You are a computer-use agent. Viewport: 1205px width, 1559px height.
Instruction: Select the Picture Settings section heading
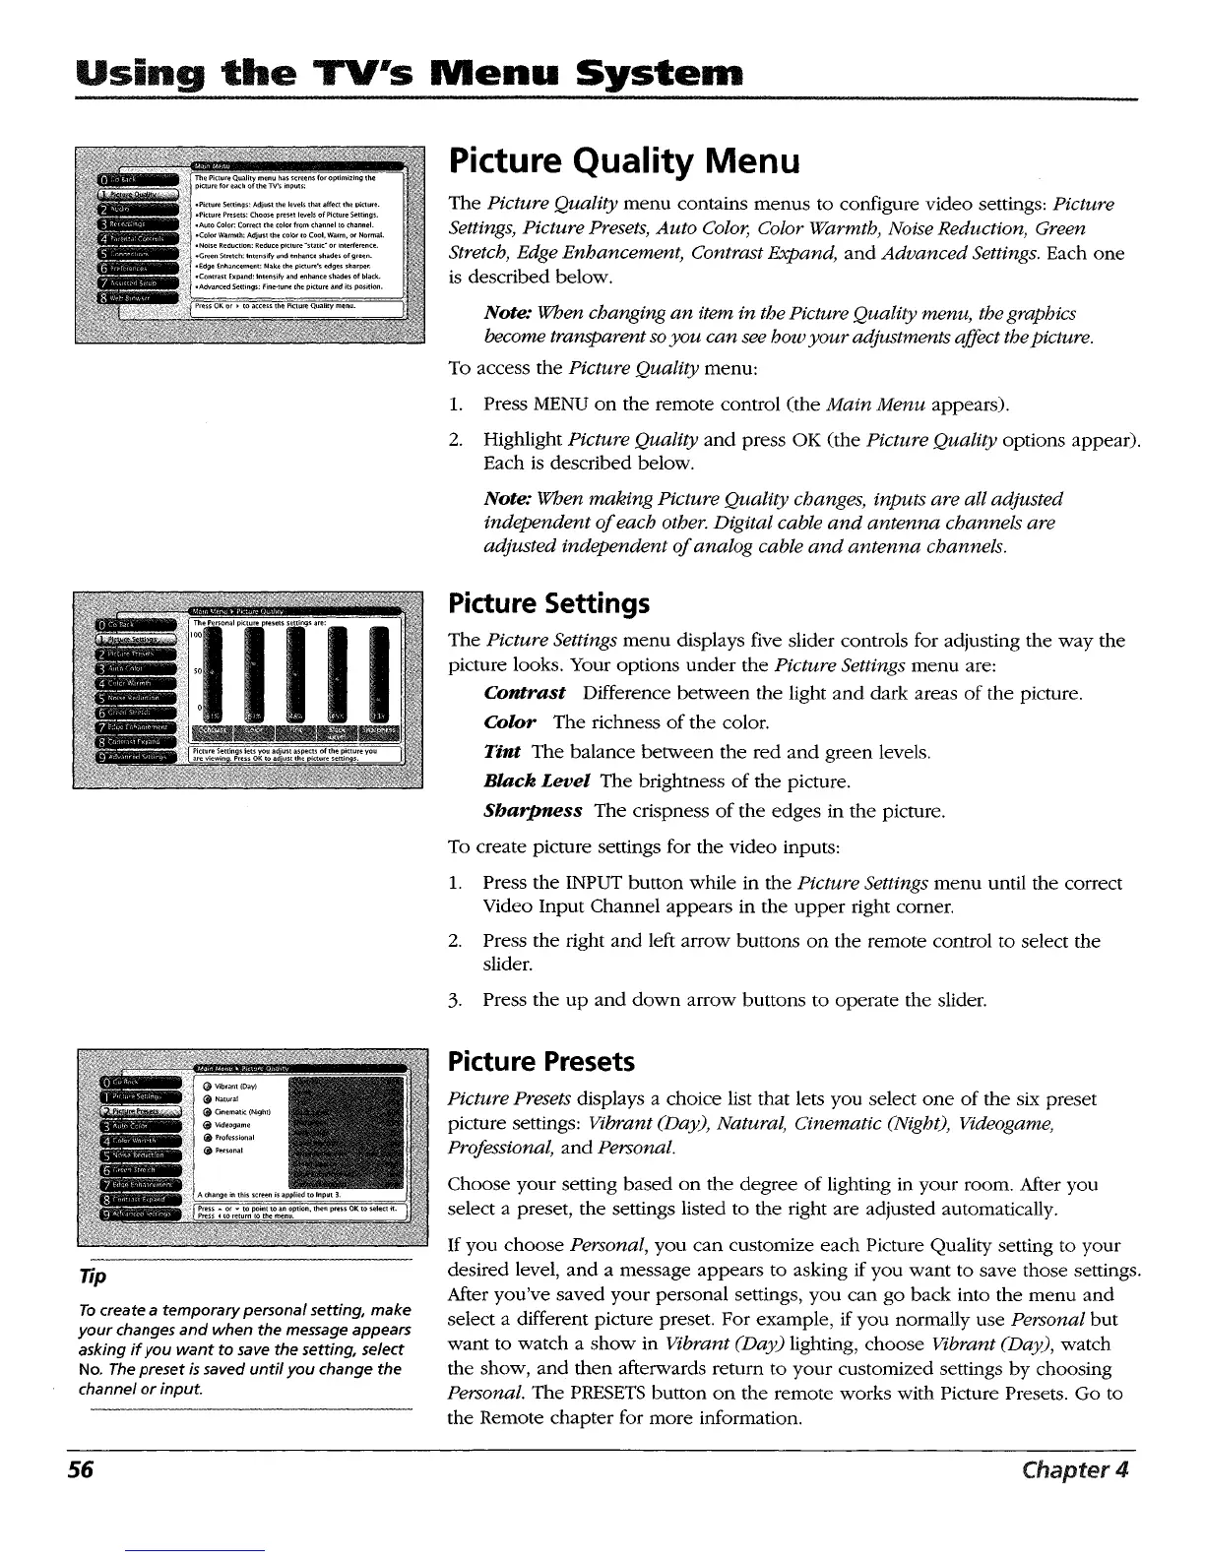click(x=548, y=601)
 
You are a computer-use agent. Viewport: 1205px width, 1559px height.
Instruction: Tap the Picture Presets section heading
click(x=540, y=1062)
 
